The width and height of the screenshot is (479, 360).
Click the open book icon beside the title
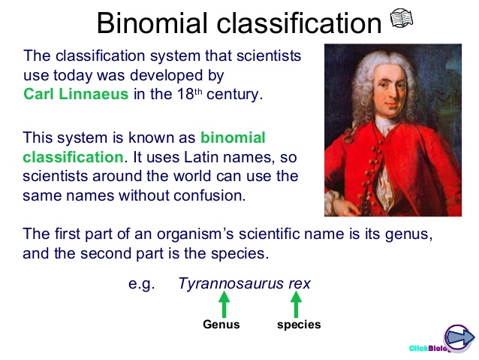click(x=402, y=18)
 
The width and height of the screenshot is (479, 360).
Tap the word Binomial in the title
click(x=152, y=23)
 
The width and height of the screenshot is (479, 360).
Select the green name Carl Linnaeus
click(x=76, y=94)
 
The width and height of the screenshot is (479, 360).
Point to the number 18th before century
click(x=189, y=94)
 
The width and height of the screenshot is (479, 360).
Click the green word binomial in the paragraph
click(x=233, y=138)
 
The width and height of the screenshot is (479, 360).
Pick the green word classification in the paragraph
click(x=74, y=157)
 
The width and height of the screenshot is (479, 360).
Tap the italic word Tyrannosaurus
click(x=231, y=283)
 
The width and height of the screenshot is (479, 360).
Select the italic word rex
click(x=300, y=283)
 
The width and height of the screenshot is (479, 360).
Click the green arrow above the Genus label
click(x=224, y=304)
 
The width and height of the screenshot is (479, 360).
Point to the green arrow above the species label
click(x=296, y=304)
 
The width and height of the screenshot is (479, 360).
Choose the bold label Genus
click(x=221, y=324)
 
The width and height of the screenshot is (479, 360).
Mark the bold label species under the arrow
click(x=299, y=325)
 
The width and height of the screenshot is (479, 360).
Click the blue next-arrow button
click(x=459, y=338)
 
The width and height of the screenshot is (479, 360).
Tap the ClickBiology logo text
click(x=429, y=348)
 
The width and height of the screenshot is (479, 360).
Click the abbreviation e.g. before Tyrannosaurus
click(x=141, y=284)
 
